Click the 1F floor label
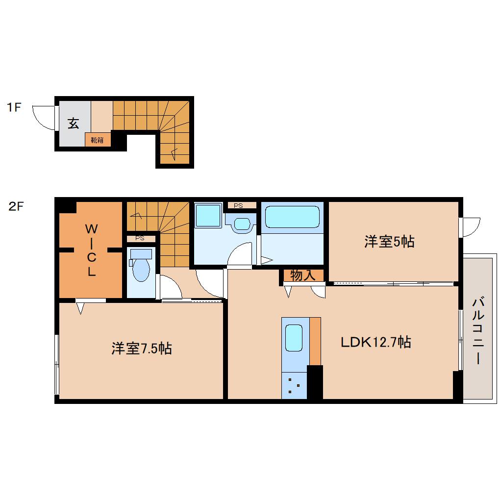click(14, 107)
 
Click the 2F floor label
click(15, 206)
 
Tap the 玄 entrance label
click(74, 124)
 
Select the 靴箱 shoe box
click(98, 140)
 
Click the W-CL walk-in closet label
click(91, 250)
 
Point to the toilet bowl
click(142, 269)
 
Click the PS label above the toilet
click(140, 239)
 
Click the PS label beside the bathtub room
click(239, 206)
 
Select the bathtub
click(292, 216)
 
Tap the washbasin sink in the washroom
click(242, 224)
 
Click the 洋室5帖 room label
click(389, 241)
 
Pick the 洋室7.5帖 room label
click(141, 349)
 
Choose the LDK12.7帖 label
click(375, 342)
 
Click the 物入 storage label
click(302, 275)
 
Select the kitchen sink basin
click(294, 338)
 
